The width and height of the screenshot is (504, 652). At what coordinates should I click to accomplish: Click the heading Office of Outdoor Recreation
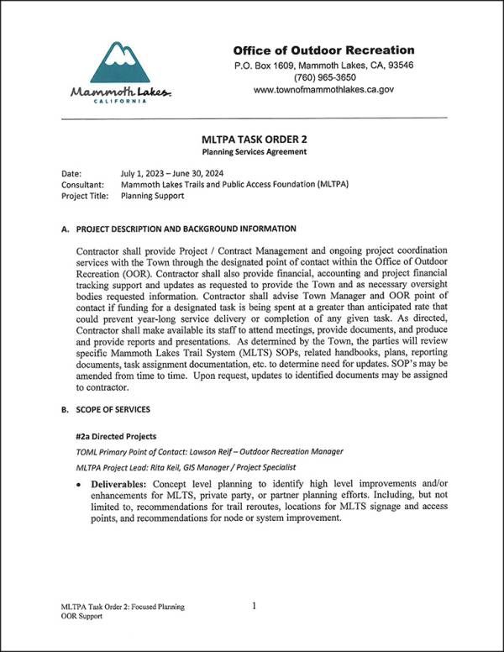pos(323,50)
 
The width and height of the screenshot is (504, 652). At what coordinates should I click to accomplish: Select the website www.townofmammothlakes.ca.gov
pos(323,89)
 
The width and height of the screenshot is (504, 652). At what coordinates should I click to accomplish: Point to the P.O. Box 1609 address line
pos(323,65)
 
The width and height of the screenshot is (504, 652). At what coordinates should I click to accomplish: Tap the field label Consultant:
pos(82,184)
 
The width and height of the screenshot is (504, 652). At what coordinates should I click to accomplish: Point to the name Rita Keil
pos(166,466)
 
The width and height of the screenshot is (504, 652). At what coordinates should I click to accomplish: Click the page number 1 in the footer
pos(253,605)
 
